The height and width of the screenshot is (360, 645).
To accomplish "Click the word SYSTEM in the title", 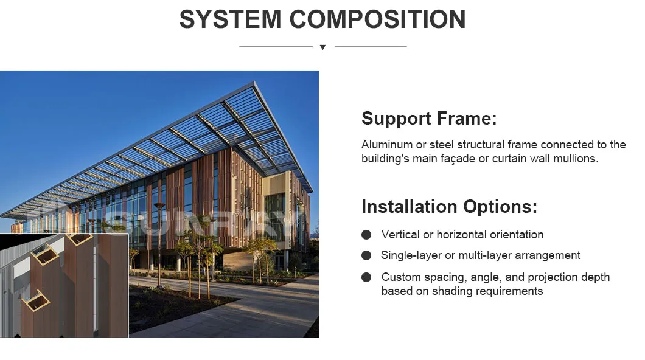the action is point(230,19).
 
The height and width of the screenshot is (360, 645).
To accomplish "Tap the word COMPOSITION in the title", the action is point(378,19).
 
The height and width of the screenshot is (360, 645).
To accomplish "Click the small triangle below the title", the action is point(323,47).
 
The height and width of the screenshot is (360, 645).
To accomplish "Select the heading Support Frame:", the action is point(429,119).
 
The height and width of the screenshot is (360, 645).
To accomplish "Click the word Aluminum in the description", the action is point(387,145).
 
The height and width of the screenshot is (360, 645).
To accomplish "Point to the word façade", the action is point(455,159).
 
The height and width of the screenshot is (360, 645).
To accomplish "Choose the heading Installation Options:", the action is point(449,206).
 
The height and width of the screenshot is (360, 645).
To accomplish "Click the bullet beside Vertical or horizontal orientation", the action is point(366,235).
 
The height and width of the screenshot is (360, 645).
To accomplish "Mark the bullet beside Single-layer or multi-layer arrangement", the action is point(366,255).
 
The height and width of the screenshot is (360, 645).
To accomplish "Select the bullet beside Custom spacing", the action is point(366,277).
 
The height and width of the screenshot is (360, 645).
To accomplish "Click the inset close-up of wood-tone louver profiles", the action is point(64,285).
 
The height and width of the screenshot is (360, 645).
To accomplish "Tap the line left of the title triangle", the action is point(276,47).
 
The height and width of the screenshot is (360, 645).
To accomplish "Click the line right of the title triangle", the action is point(371,47).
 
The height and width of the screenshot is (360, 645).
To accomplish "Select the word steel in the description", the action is point(442,145).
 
